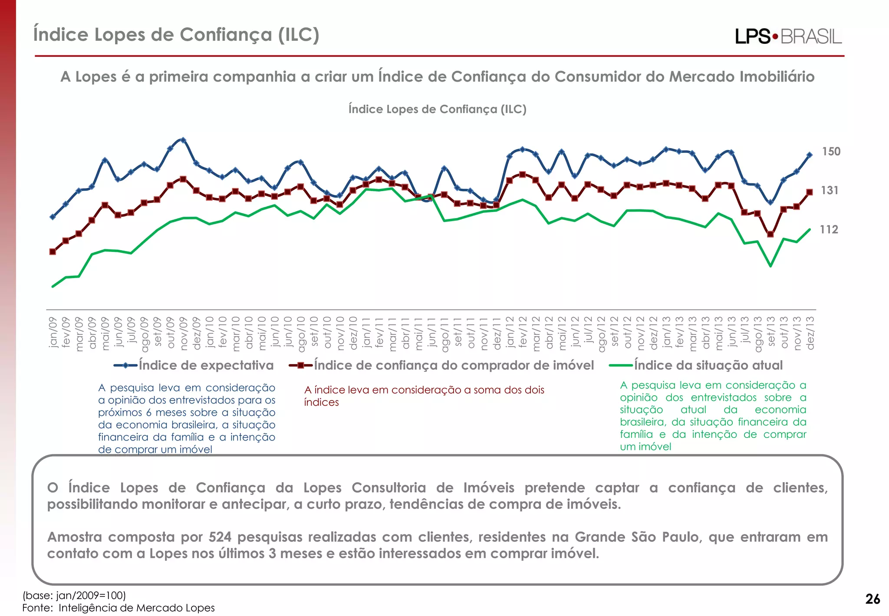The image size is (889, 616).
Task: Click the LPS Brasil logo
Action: (x=788, y=36)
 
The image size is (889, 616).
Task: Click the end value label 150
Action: (x=831, y=152)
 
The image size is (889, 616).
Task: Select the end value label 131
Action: (x=829, y=190)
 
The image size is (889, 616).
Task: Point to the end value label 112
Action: (x=829, y=229)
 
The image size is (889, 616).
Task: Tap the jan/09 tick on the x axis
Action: (x=53, y=332)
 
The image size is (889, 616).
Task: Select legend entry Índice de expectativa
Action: (x=206, y=365)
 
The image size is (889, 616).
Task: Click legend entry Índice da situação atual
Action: (x=708, y=365)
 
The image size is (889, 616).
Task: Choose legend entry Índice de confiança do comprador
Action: (x=454, y=365)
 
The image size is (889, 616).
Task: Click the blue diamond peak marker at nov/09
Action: (x=183, y=140)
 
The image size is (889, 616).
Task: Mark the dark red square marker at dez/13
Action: (x=810, y=192)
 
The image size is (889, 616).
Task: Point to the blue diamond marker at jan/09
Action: (x=53, y=217)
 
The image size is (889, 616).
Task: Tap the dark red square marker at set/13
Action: (x=770, y=234)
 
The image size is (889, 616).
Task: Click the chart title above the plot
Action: (x=437, y=109)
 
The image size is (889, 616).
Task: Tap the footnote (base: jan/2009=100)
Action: (x=74, y=595)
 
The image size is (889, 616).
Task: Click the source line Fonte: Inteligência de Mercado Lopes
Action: (x=119, y=608)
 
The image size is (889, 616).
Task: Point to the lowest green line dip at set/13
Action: (x=770, y=266)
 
